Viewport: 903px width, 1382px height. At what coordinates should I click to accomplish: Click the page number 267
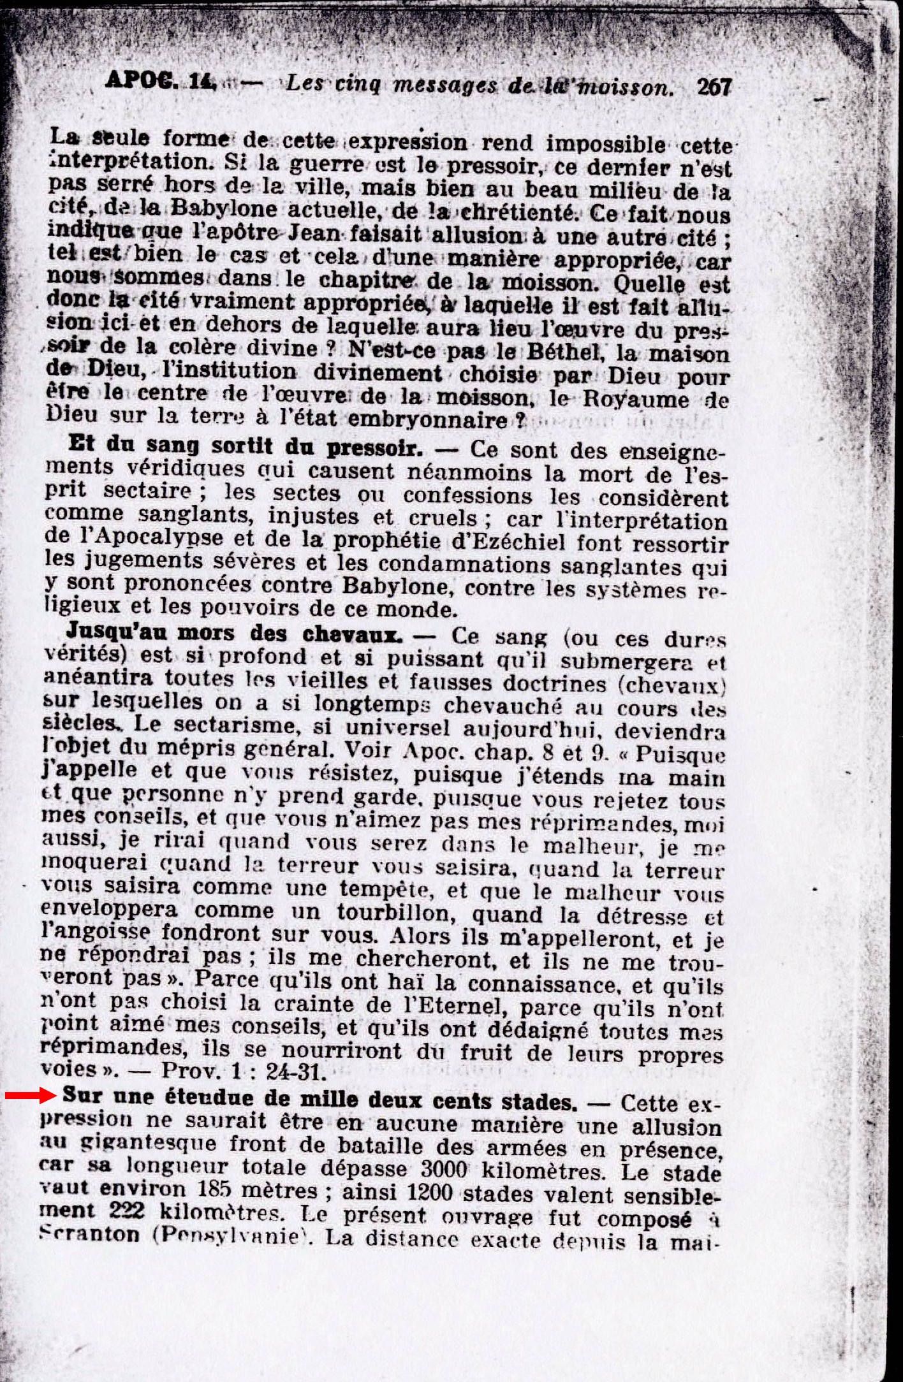click(x=714, y=87)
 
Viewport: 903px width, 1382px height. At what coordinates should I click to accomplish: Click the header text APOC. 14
click(x=161, y=80)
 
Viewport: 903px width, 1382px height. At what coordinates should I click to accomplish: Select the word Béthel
click(x=562, y=352)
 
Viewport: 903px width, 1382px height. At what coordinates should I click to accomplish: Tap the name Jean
click(x=332, y=234)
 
